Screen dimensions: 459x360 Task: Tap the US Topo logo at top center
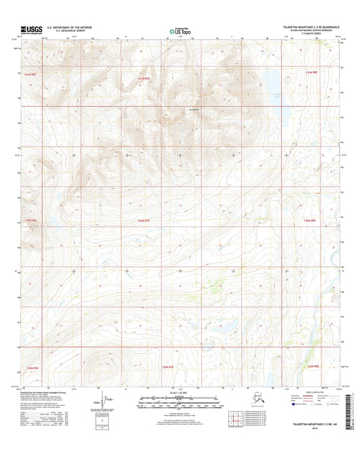pyautogui.click(x=180, y=30)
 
